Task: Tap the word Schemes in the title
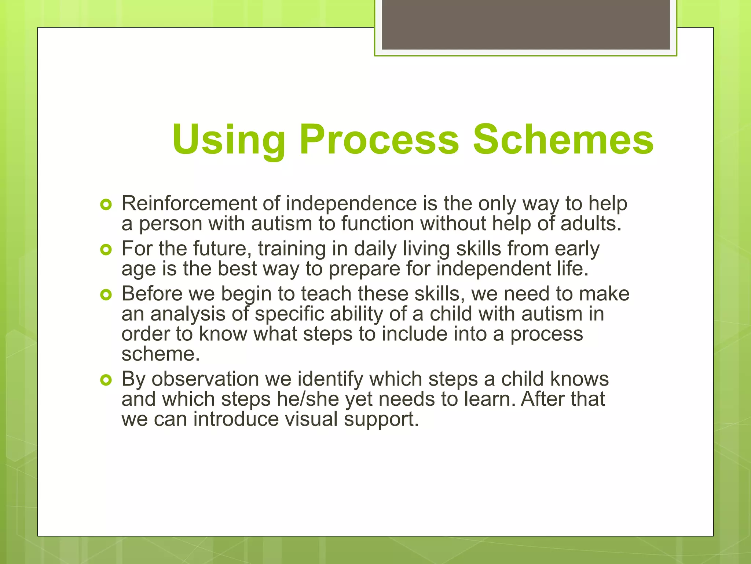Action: (x=563, y=140)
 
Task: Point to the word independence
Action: (x=351, y=204)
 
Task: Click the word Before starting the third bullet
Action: (x=152, y=294)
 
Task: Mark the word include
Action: (x=414, y=334)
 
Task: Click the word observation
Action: (x=205, y=379)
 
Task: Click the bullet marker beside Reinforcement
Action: (x=106, y=205)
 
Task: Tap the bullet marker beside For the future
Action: (x=106, y=250)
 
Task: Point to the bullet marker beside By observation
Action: (x=106, y=380)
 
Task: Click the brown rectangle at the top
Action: (x=525, y=25)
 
